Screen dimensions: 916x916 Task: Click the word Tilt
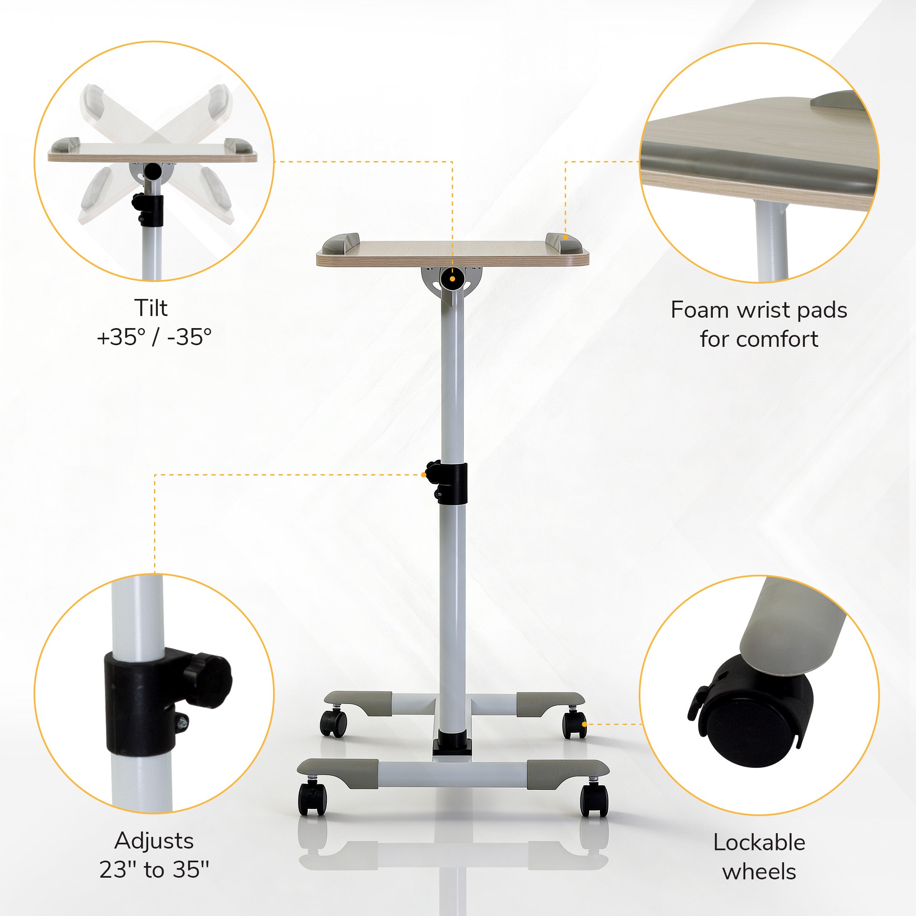point(151,308)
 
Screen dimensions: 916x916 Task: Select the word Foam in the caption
point(700,310)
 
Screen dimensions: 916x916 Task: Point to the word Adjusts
point(154,841)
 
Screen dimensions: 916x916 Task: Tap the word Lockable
point(759,842)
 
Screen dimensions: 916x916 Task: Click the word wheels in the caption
point(759,871)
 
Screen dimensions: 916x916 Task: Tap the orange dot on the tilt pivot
point(452,279)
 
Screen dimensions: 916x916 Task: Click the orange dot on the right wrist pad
point(565,236)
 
